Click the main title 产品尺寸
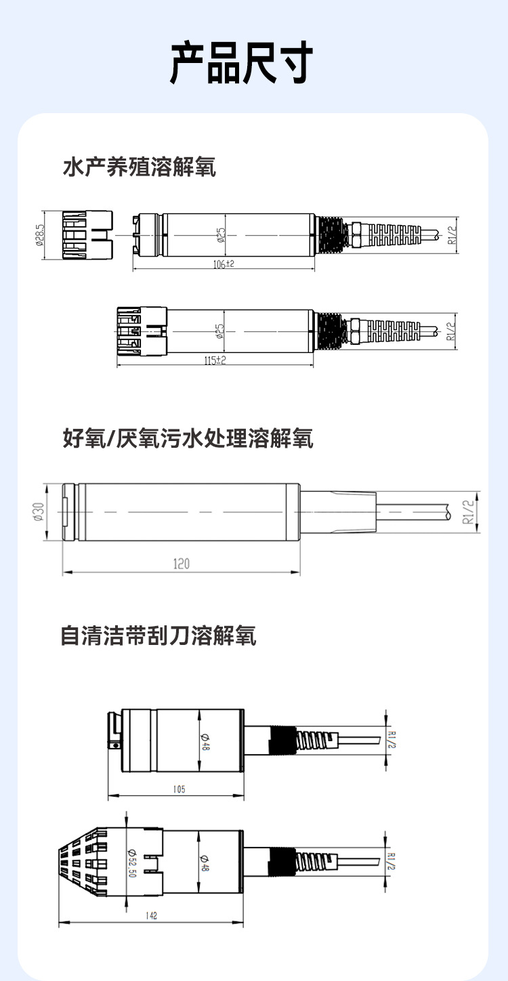pyautogui.click(x=241, y=63)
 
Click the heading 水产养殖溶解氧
pyautogui.click(x=140, y=167)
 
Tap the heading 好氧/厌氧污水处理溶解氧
pyautogui.click(x=188, y=439)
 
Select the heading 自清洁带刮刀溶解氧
pyautogui.click(x=158, y=636)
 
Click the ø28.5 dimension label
pyautogui.click(x=40, y=235)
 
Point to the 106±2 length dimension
pyautogui.click(x=223, y=264)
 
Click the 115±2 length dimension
pyautogui.click(x=215, y=361)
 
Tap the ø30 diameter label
pyautogui.click(x=38, y=512)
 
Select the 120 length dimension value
pyautogui.click(x=181, y=564)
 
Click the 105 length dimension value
pyautogui.click(x=178, y=789)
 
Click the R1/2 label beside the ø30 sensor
pyautogui.click(x=467, y=512)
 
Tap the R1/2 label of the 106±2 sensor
pyautogui.click(x=452, y=234)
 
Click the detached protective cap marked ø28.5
pyautogui.click(x=87, y=235)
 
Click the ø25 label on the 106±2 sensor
pyautogui.click(x=221, y=234)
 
